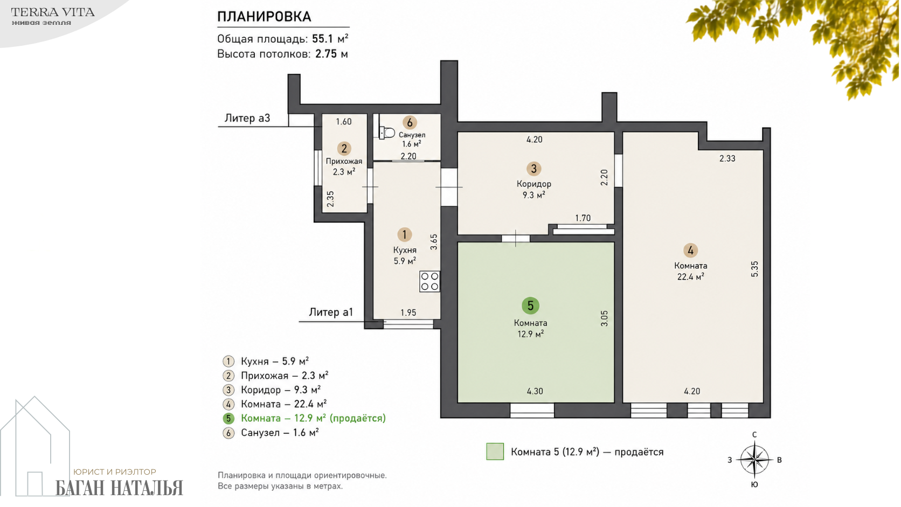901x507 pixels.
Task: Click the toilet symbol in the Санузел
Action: pos(387,133)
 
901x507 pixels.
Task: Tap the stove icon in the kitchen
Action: pos(429,281)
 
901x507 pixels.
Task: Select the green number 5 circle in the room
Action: pos(530,306)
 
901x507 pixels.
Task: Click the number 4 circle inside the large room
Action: pos(691,251)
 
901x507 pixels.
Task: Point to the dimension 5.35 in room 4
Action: pos(754,269)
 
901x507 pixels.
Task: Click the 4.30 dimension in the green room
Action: pos(535,391)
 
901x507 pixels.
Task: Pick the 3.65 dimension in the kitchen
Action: pos(434,242)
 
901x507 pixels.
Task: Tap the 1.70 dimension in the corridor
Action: pos(583,218)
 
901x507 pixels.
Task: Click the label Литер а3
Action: pos(247,118)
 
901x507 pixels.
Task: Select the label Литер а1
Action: pos(331,312)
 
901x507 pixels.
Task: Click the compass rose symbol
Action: pos(754,460)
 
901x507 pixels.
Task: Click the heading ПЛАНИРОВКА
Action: pos(264,17)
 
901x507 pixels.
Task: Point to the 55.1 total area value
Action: pos(323,39)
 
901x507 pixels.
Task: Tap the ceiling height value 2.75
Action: pos(326,54)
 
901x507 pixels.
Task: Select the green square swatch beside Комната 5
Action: pos(495,452)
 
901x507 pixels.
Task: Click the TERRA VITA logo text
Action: pos(53,12)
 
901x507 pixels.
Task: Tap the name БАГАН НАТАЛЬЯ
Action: pos(120,488)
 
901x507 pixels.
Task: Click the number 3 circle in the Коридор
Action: pos(534,169)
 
